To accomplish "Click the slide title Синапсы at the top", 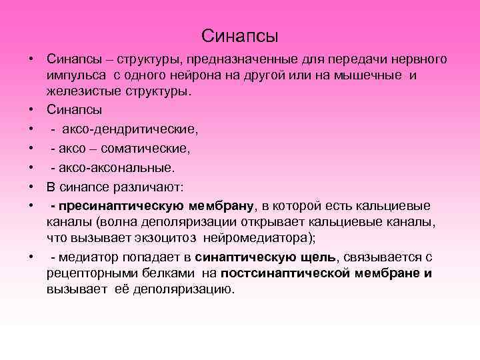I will coord(239,34).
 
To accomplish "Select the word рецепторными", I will coord(86,273).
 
